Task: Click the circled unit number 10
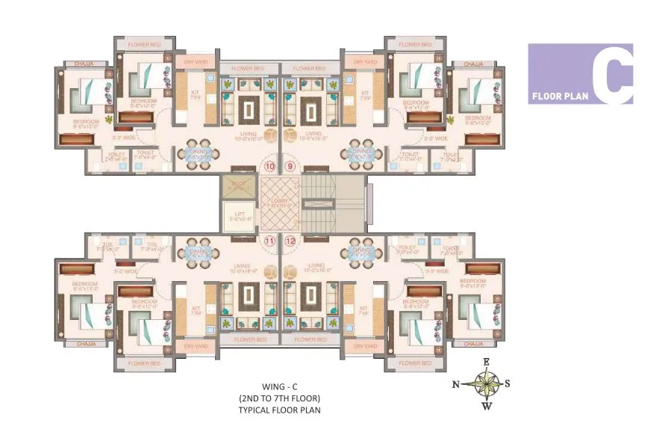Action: click(269, 167)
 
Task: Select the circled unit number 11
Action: click(269, 241)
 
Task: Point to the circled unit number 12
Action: click(290, 241)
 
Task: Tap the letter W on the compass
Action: click(487, 407)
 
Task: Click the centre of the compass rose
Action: click(487, 384)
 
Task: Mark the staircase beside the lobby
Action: click(331, 202)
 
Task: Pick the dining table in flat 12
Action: click(362, 253)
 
